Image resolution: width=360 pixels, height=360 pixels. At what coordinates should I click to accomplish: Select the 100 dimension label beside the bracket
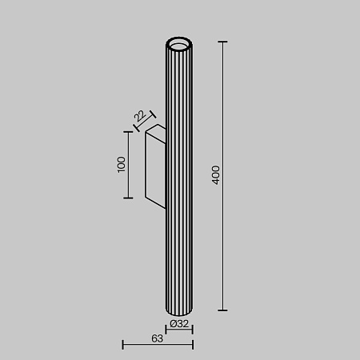click(122, 165)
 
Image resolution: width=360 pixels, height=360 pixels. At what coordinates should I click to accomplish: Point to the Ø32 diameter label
click(180, 324)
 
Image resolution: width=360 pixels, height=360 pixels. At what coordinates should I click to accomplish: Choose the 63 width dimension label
click(157, 339)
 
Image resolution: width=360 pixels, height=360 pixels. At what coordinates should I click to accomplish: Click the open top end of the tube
click(179, 42)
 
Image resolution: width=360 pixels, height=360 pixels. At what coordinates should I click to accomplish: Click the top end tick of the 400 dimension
click(222, 42)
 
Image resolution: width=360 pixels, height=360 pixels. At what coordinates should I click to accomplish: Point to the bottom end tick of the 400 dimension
click(222, 310)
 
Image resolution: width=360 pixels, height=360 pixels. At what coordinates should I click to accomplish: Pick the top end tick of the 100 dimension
click(127, 132)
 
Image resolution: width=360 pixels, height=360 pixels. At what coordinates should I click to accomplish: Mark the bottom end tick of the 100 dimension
click(127, 198)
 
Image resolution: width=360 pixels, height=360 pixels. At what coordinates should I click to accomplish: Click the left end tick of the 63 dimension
click(122, 345)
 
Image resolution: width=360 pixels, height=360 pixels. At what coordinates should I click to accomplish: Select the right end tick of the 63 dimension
click(193, 345)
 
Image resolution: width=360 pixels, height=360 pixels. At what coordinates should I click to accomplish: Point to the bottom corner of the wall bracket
click(146, 198)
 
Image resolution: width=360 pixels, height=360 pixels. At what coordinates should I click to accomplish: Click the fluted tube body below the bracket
click(179, 256)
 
